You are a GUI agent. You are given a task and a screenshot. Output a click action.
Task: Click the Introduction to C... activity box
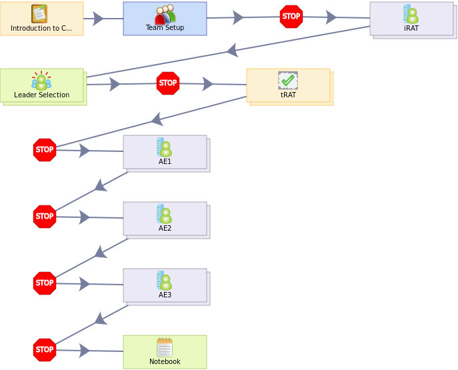click(42, 19)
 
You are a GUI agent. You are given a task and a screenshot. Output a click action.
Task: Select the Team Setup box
click(165, 19)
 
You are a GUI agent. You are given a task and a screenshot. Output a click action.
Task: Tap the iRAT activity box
click(413, 20)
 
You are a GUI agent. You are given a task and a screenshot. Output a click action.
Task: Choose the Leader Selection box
click(43, 87)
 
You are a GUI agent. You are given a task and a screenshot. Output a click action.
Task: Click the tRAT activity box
click(290, 87)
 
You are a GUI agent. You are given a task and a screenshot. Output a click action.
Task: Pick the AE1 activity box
click(167, 153)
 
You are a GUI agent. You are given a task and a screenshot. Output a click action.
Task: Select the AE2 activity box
click(167, 220)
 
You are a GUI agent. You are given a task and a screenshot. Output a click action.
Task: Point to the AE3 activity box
click(167, 287)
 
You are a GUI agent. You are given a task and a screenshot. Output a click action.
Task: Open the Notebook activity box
click(165, 352)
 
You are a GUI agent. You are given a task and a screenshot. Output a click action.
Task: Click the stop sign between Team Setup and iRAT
click(291, 17)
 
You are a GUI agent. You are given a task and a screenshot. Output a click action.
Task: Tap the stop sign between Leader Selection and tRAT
click(168, 83)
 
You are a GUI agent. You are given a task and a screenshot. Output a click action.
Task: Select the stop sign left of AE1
click(45, 150)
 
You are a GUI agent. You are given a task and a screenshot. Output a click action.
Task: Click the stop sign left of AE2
click(45, 217)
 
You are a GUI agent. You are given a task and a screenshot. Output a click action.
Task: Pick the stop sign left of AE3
click(45, 283)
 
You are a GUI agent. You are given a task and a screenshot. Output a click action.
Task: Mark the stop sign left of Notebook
click(45, 350)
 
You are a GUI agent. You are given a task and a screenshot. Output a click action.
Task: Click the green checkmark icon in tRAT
click(288, 80)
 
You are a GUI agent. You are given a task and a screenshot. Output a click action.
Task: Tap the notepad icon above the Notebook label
click(165, 347)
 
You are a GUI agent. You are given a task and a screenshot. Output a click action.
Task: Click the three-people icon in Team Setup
click(165, 14)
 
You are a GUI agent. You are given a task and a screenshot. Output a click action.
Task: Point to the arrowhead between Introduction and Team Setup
click(98, 19)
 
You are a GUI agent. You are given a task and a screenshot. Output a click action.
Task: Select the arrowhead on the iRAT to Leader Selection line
click(233, 50)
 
